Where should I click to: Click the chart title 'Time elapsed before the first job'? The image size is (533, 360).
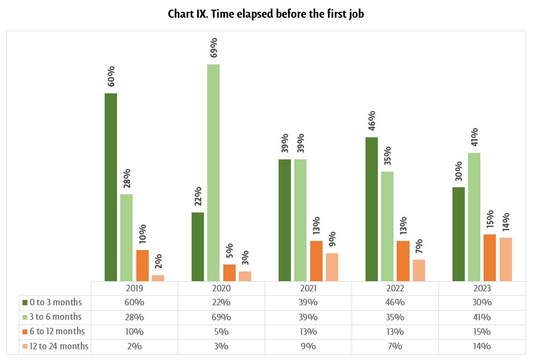[x=266, y=14]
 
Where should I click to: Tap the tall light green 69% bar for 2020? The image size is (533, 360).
[x=214, y=172]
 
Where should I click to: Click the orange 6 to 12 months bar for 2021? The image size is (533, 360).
[x=316, y=261]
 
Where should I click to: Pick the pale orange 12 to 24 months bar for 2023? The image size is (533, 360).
[x=506, y=259]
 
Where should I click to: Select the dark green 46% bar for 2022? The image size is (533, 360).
[x=371, y=209]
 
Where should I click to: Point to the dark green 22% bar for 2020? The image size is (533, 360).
[x=198, y=246]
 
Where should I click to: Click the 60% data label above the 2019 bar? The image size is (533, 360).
[x=111, y=77]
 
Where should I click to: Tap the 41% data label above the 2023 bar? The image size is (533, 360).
[x=474, y=137]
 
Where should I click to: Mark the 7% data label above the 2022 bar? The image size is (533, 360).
[x=419, y=246]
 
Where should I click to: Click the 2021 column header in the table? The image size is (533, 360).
[x=308, y=288]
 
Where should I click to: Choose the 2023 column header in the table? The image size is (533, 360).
[x=482, y=288]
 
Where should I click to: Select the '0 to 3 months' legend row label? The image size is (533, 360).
[x=56, y=303]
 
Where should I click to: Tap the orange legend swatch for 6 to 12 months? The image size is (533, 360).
[x=24, y=332]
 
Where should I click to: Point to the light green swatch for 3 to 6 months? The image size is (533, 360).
[x=24, y=317]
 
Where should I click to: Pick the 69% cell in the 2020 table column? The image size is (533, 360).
[x=221, y=317]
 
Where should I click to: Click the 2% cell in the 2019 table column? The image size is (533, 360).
[x=134, y=346]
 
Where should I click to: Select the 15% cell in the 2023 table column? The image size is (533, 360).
[x=482, y=332]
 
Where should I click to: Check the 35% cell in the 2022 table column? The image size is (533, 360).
[x=395, y=317]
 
